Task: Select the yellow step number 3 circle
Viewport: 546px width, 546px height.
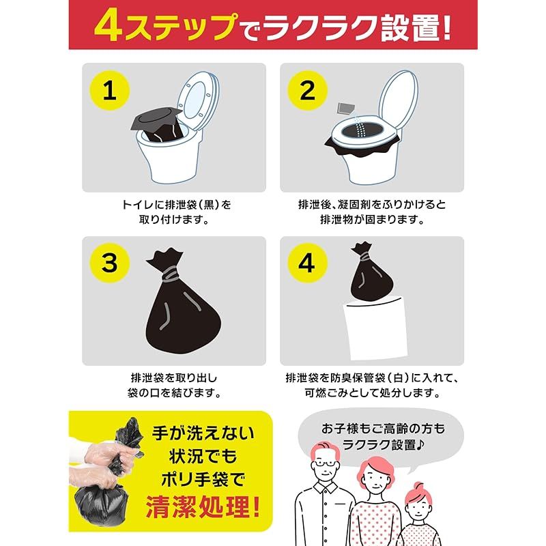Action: pyautogui.click(x=109, y=263)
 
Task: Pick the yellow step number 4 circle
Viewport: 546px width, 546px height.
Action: pyautogui.click(x=307, y=263)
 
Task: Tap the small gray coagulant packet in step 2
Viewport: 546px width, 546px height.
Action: pyautogui.click(x=346, y=108)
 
